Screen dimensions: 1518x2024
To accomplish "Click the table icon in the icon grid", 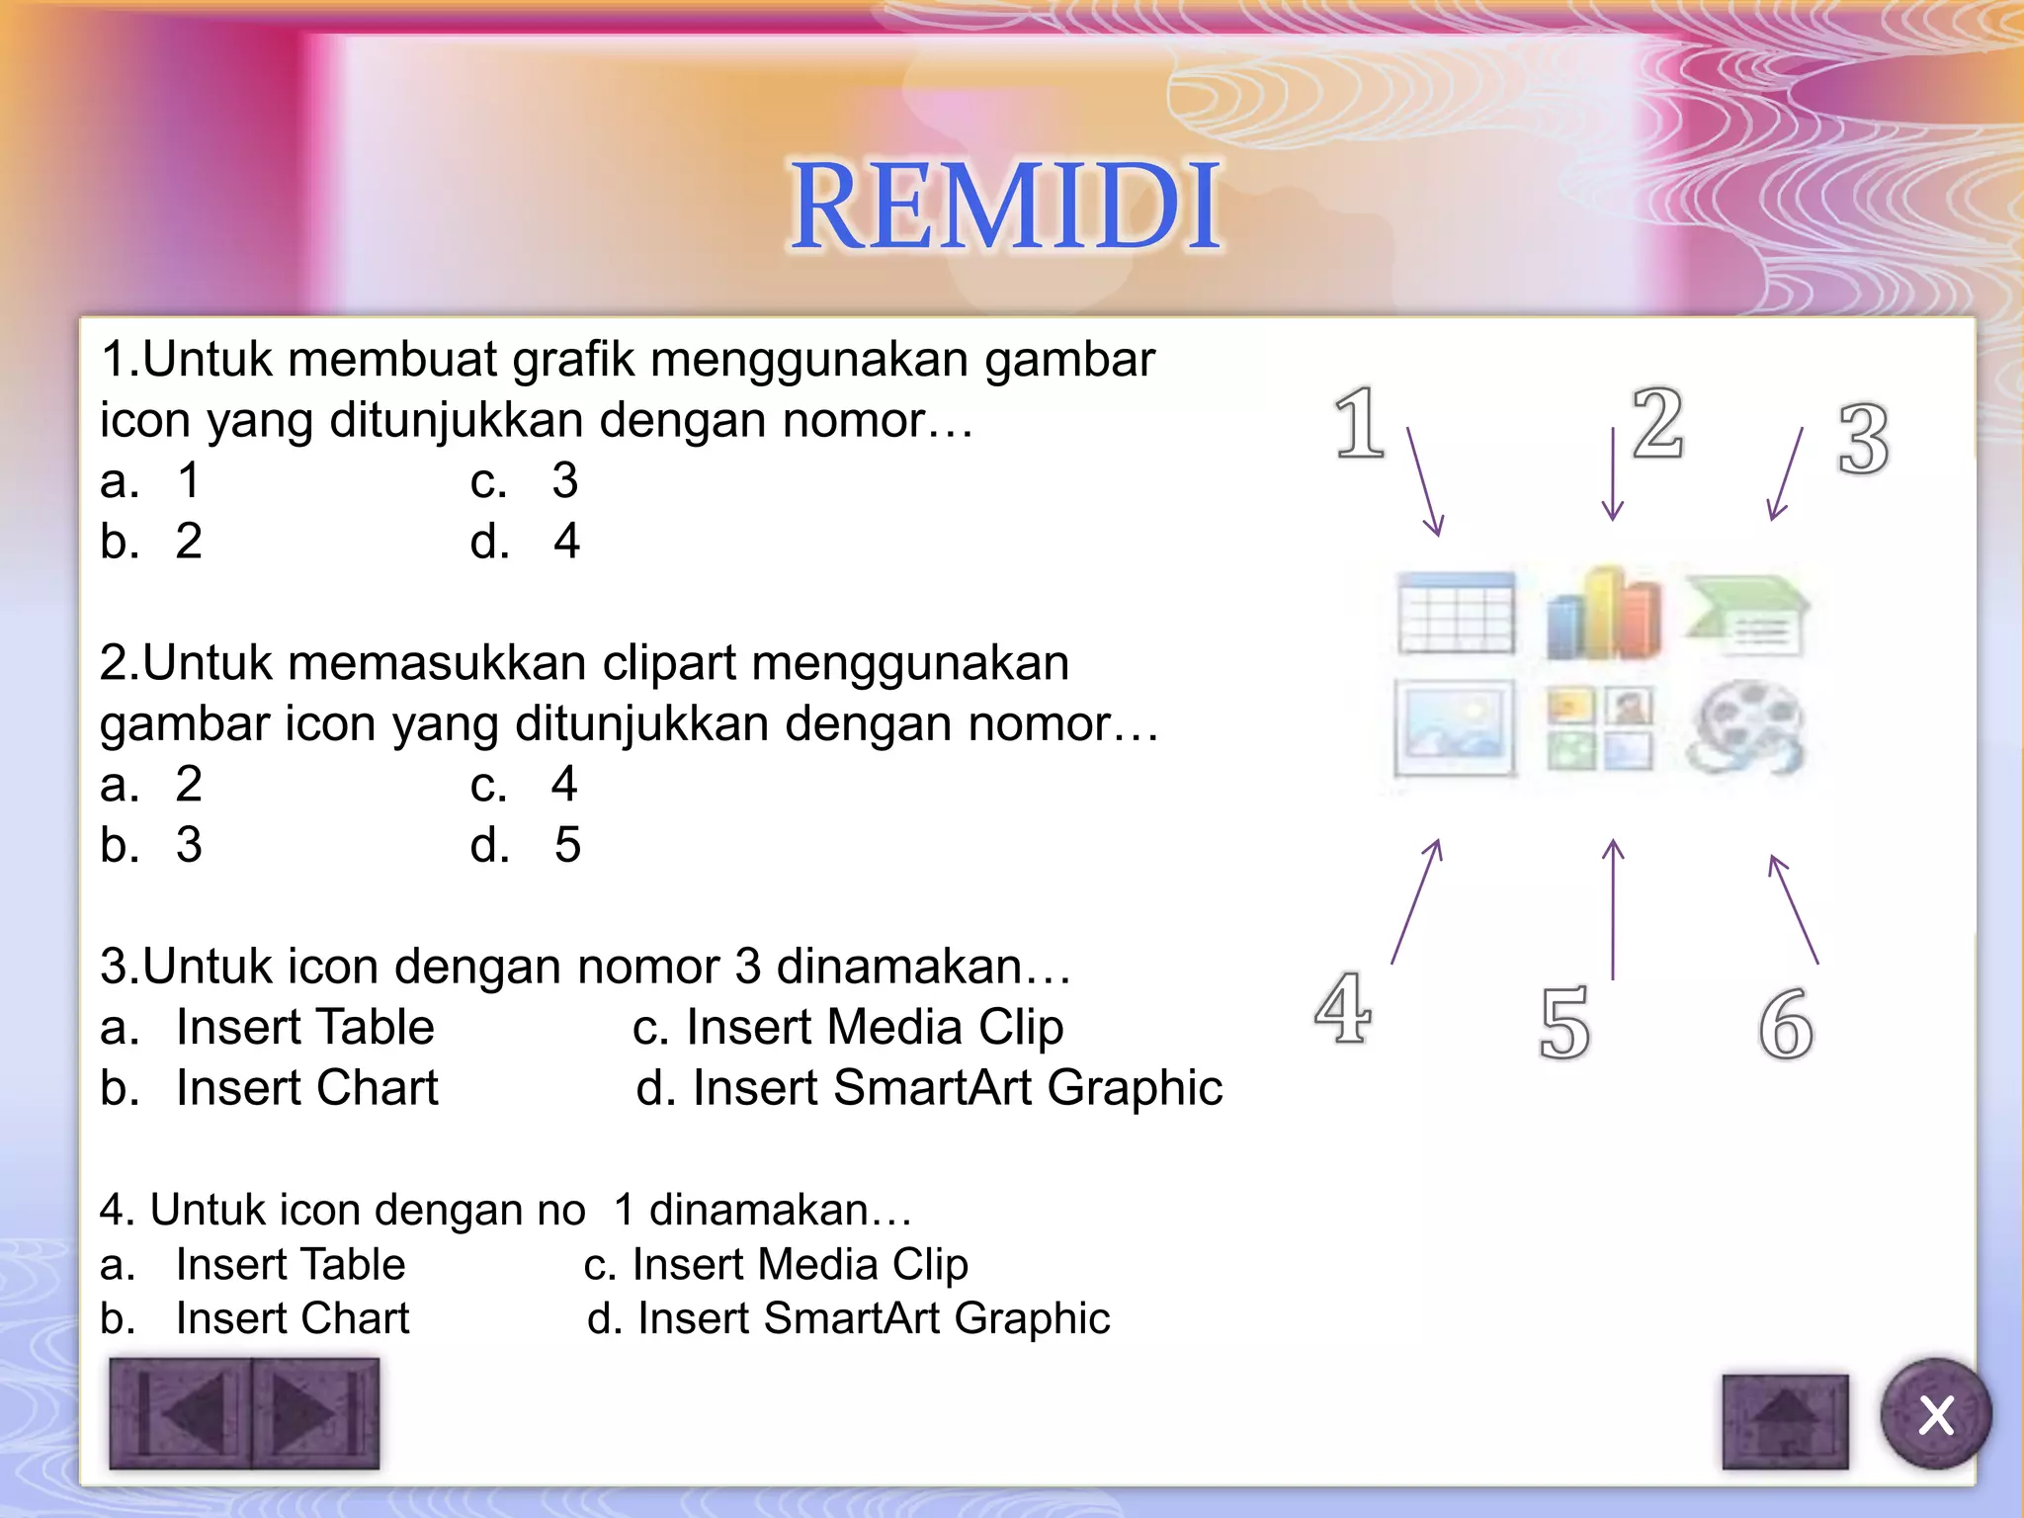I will point(1456,613).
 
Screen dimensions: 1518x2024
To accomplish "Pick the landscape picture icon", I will point(1454,728).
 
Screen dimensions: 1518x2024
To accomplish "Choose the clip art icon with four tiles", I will point(1599,729).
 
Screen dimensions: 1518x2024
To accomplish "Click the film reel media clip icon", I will point(1746,729).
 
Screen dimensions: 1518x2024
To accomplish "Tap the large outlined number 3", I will point(1863,440).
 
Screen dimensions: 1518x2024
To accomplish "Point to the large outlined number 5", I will point(1564,1024).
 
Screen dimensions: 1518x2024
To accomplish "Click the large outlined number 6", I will point(1786,1024).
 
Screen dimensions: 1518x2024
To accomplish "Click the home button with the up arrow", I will point(1784,1421).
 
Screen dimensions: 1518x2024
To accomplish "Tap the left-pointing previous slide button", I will point(181,1413).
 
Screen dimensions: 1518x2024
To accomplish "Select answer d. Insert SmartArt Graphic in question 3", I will point(929,1088).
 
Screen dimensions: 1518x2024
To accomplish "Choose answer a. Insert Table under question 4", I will point(253,1265).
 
